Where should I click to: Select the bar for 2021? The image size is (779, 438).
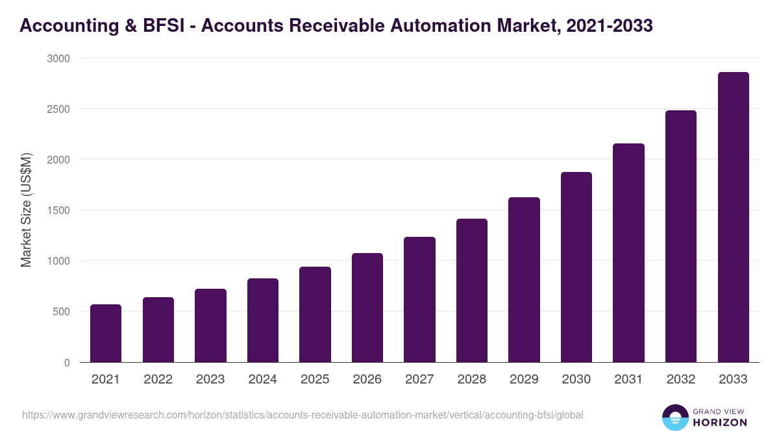tap(106, 334)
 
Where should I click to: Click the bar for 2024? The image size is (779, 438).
tap(263, 321)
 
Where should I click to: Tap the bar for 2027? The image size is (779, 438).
tap(419, 300)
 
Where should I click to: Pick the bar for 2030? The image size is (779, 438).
tap(576, 267)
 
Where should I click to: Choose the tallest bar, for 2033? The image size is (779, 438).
tap(733, 217)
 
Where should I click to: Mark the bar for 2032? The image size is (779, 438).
tap(681, 236)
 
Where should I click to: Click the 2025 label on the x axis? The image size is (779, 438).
tap(315, 380)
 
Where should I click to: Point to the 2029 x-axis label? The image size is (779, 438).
tap(524, 380)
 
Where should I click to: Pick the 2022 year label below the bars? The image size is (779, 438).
tap(158, 380)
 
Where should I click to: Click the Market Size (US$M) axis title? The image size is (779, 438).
tap(26, 211)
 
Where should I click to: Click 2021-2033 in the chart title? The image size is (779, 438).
tap(609, 25)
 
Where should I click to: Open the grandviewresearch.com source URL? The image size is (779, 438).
tap(303, 415)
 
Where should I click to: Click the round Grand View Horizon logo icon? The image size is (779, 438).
tap(675, 417)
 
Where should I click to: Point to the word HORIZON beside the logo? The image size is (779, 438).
tap(721, 422)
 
